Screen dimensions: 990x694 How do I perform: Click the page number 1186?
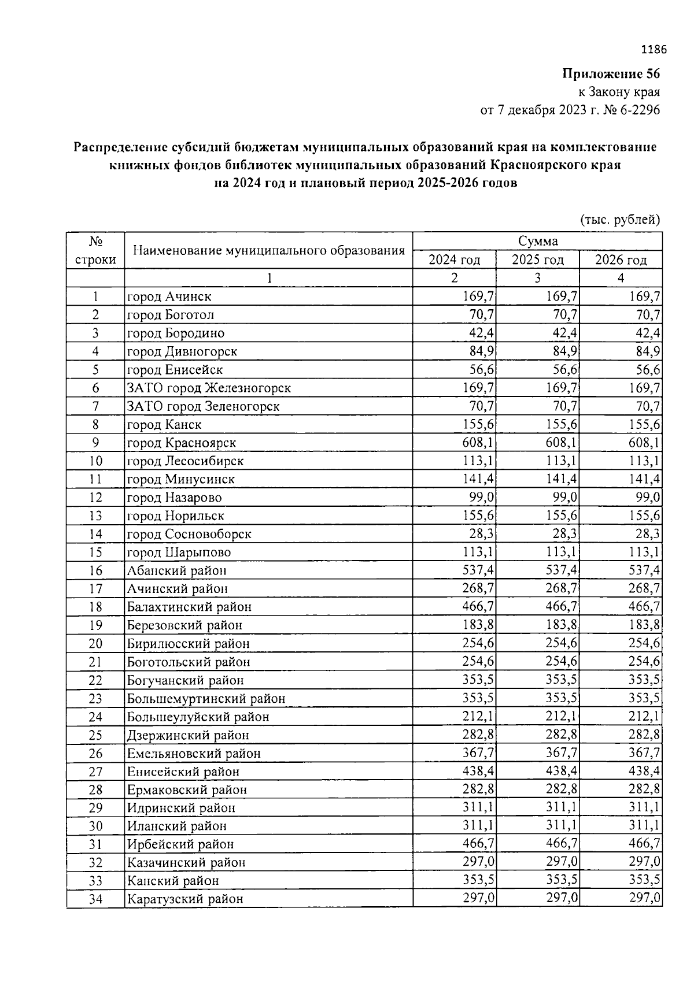[654, 50]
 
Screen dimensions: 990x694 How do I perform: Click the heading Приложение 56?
[611, 74]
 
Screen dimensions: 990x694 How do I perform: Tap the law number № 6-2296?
[631, 110]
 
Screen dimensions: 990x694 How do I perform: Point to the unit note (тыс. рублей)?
[619, 220]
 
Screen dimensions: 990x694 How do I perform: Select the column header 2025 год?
[537, 260]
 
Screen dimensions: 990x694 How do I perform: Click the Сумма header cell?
[537, 241]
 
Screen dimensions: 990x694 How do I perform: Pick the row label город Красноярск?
[181, 443]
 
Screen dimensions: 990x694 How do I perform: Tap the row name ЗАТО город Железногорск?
[208, 388]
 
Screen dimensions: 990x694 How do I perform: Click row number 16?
[95, 570]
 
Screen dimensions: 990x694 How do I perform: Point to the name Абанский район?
[176, 570]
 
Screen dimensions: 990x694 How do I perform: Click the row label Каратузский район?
[185, 899]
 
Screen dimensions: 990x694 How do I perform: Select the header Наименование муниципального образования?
[268, 251]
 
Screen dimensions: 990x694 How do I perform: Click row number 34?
[95, 899]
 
